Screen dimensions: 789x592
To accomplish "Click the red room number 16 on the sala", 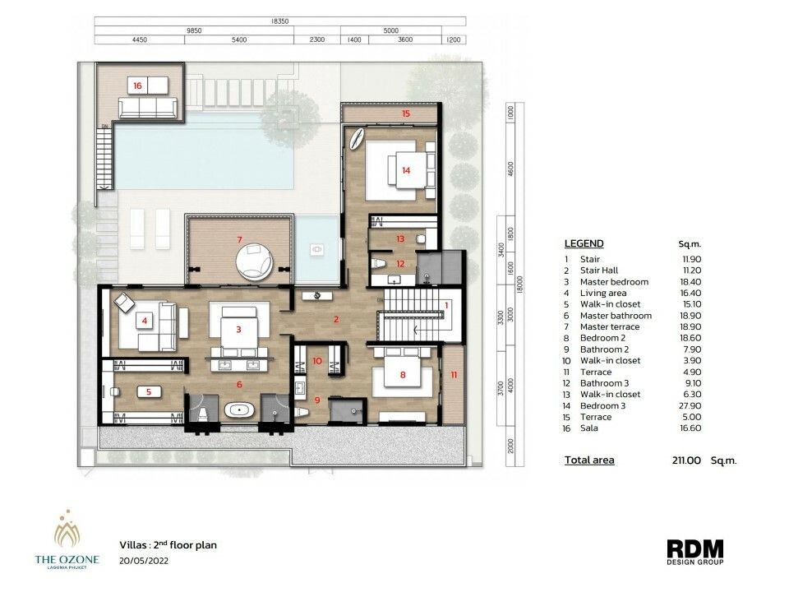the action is tap(137, 86).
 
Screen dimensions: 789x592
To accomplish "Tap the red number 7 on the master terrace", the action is tap(240, 239).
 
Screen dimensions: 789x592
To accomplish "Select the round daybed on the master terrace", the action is tap(255, 261).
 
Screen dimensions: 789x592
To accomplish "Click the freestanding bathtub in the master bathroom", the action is tap(239, 410).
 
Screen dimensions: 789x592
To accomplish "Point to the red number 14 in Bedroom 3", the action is tap(406, 170).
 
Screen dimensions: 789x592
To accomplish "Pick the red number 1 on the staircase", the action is tap(446, 305).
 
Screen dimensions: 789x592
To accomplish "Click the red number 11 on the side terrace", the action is tap(454, 375).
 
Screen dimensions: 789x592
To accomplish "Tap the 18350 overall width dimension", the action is tap(279, 21).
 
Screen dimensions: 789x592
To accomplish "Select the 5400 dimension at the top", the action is tap(239, 39).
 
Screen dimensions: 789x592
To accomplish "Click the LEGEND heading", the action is tap(584, 243).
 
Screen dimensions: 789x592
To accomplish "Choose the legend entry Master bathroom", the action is tap(616, 316).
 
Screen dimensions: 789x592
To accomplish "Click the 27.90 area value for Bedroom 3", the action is tap(690, 405).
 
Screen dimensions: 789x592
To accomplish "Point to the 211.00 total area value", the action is tap(686, 460).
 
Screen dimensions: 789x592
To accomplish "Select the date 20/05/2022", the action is tap(144, 561).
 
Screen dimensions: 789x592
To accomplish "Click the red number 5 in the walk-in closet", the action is tap(149, 391).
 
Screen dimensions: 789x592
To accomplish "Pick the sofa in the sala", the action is tap(148, 107).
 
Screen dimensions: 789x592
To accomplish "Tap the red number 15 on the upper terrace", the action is tap(406, 113).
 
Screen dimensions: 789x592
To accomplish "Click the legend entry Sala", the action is tap(588, 428).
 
